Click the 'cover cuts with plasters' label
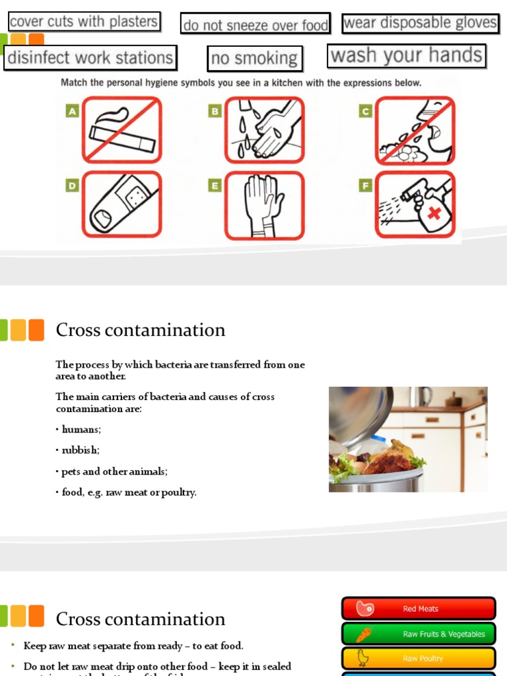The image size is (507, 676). click(84, 22)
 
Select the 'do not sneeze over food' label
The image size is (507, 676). click(255, 24)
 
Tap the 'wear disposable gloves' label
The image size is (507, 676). click(420, 23)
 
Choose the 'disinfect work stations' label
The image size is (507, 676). click(90, 57)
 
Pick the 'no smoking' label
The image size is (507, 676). click(254, 58)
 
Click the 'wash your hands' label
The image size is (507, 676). click(406, 56)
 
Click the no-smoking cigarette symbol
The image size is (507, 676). click(122, 129)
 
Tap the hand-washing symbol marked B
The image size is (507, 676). click(264, 129)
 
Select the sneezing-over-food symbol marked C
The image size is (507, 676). click(415, 130)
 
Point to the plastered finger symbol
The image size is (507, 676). click(122, 204)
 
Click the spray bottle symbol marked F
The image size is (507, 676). click(415, 205)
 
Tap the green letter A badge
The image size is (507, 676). click(72, 112)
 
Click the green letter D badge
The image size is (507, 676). click(72, 186)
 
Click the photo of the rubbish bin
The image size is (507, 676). click(408, 439)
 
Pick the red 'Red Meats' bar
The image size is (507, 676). click(419, 609)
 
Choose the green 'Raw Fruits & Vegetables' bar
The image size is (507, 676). click(419, 634)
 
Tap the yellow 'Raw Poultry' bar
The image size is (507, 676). click(419, 658)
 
